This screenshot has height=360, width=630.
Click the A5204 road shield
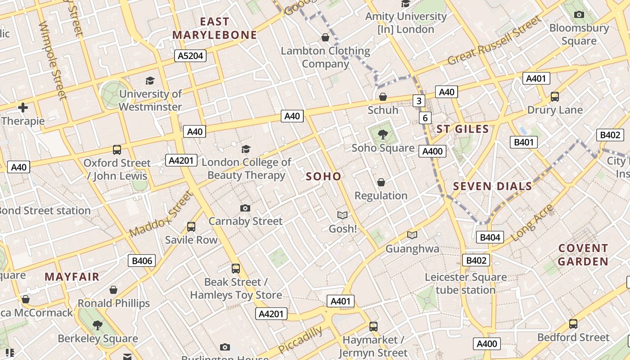pyautogui.click(x=190, y=56)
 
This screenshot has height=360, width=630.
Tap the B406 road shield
pyautogui.click(x=142, y=261)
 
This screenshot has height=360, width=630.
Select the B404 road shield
pyautogui.click(x=490, y=237)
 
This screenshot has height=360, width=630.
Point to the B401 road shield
pyautogui.click(x=524, y=143)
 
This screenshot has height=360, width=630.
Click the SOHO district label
pyautogui.click(x=324, y=176)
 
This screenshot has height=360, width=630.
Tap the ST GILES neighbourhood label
pyautogui.click(x=463, y=129)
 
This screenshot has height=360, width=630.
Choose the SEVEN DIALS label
pyautogui.click(x=492, y=186)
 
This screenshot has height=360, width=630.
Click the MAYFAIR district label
pyautogui.click(x=72, y=277)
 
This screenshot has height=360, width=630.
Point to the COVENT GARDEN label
pyautogui.click(x=583, y=255)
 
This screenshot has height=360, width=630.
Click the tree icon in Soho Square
pyautogui.click(x=383, y=134)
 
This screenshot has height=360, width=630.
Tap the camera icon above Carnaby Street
pyautogui.click(x=245, y=208)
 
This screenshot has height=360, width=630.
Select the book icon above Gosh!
pyautogui.click(x=342, y=216)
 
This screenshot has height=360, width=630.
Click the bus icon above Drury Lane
pyautogui.click(x=555, y=96)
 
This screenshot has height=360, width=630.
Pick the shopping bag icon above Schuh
pyautogui.click(x=383, y=97)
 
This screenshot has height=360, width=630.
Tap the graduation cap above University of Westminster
pyautogui.click(x=150, y=81)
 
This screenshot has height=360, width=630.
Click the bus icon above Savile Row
pyautogui.click(x=191, y=226)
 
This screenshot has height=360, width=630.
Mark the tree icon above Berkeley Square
pyautogui.click(x=98, y=325)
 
